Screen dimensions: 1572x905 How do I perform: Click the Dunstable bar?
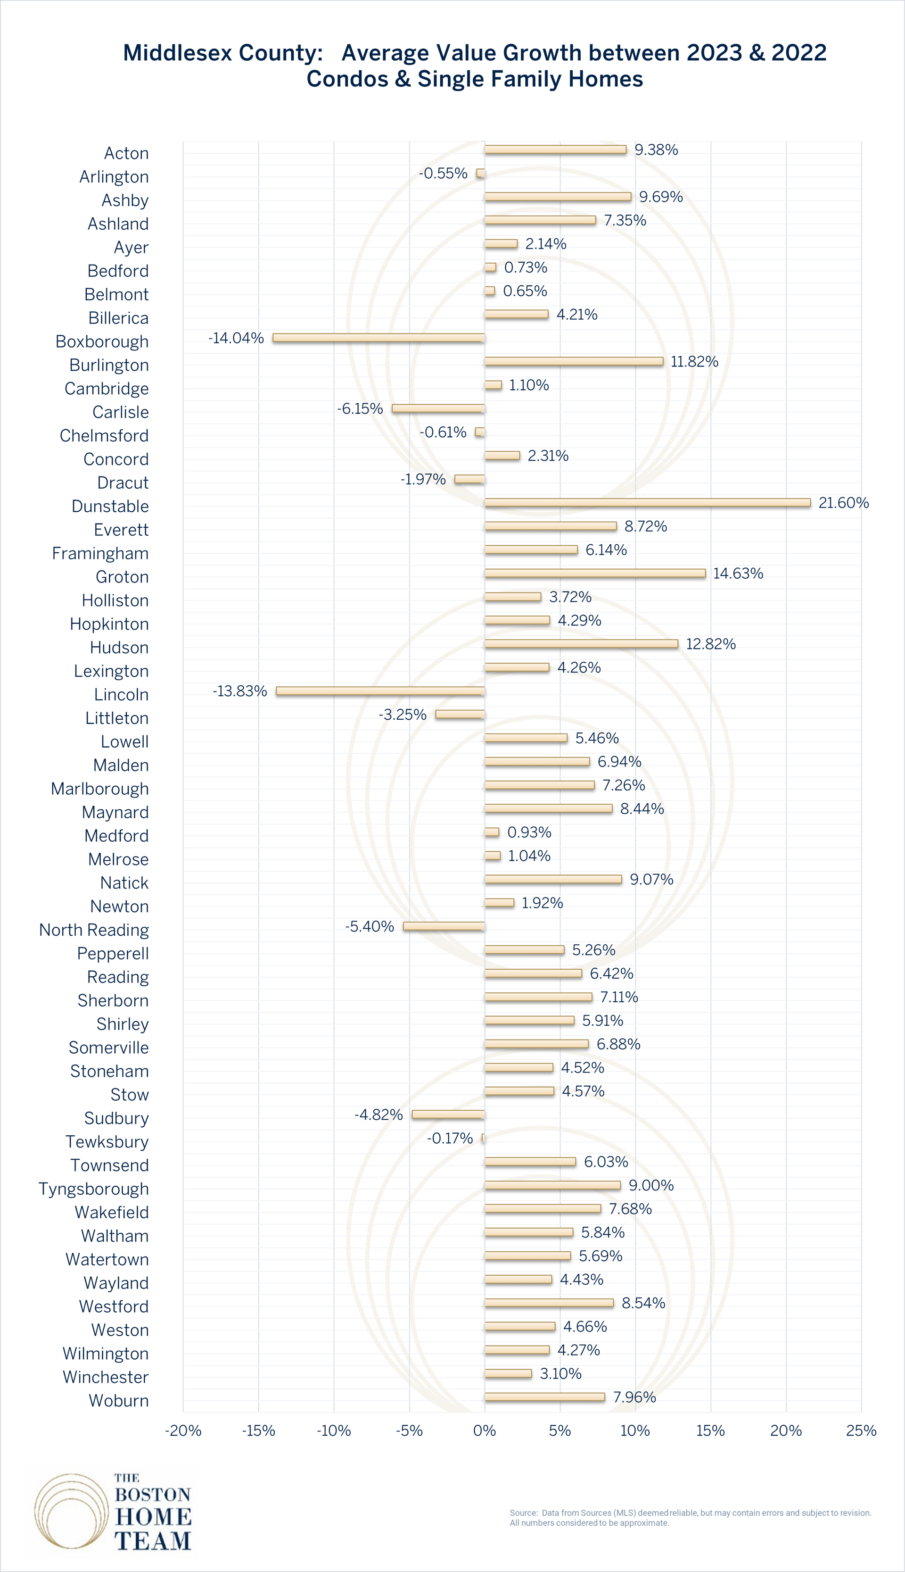coord(647,502)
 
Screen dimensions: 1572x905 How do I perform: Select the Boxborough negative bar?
coord(378,338)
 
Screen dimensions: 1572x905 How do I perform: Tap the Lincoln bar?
coord(380,691)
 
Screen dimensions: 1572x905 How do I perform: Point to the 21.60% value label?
coord(843,503)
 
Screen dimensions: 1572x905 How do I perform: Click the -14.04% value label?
coord(236,338)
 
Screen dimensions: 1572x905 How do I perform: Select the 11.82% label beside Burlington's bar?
coord(694,362)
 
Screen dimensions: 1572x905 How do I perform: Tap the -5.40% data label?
coord(370,926)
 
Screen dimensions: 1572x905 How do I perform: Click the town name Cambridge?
coord(107,389)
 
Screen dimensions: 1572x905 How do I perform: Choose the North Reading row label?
coord(94,930)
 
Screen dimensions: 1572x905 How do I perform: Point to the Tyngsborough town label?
coord(94,1189)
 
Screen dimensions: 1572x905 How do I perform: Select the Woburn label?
coord(119,1400)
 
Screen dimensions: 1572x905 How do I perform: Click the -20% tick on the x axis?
coord(183,1431)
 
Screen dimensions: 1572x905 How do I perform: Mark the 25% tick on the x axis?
coord(861,1431)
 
